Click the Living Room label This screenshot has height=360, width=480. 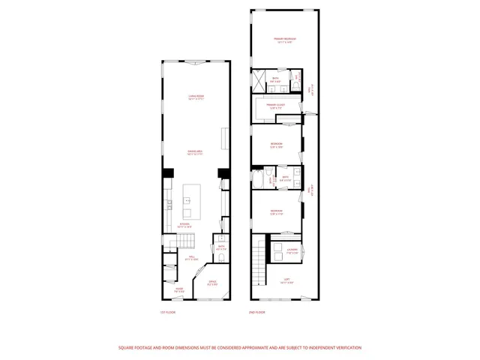196,96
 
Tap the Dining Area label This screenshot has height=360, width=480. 196,153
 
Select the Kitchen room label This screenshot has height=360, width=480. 184,226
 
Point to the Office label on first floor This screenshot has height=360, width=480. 212,283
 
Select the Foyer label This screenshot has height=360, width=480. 180,289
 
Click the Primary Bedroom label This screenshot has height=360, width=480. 284,40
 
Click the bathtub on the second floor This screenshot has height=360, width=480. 259,180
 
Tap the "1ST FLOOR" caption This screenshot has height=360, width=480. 167,312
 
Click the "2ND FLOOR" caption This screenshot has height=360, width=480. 256,312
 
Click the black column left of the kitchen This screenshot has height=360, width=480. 167,172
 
